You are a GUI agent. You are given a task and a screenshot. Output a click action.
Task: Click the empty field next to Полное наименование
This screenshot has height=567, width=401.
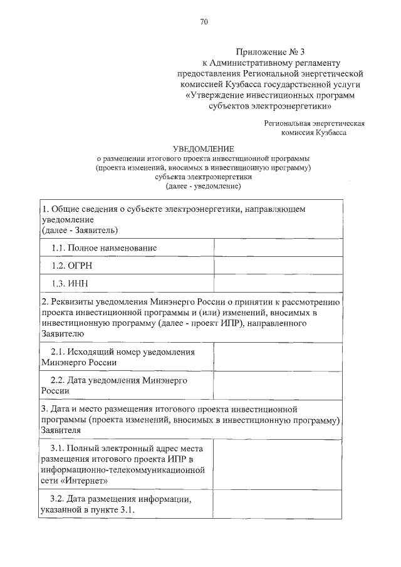[x=278, y=248]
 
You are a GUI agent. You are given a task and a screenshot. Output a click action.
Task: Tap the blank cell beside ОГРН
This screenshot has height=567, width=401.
[x=278, y=266]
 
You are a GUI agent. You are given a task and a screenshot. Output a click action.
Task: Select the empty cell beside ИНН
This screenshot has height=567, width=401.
[x=278, y=283]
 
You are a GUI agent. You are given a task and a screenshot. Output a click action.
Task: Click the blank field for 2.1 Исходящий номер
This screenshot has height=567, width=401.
[x=278, y=356]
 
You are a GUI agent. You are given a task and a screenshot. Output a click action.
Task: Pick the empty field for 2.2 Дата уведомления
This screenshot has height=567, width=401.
[x=278, y=385]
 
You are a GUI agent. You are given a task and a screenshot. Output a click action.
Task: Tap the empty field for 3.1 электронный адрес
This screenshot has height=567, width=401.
[x=278, y=464]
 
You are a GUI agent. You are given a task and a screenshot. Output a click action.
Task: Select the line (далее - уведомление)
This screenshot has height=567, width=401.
[x=203, y=186]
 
